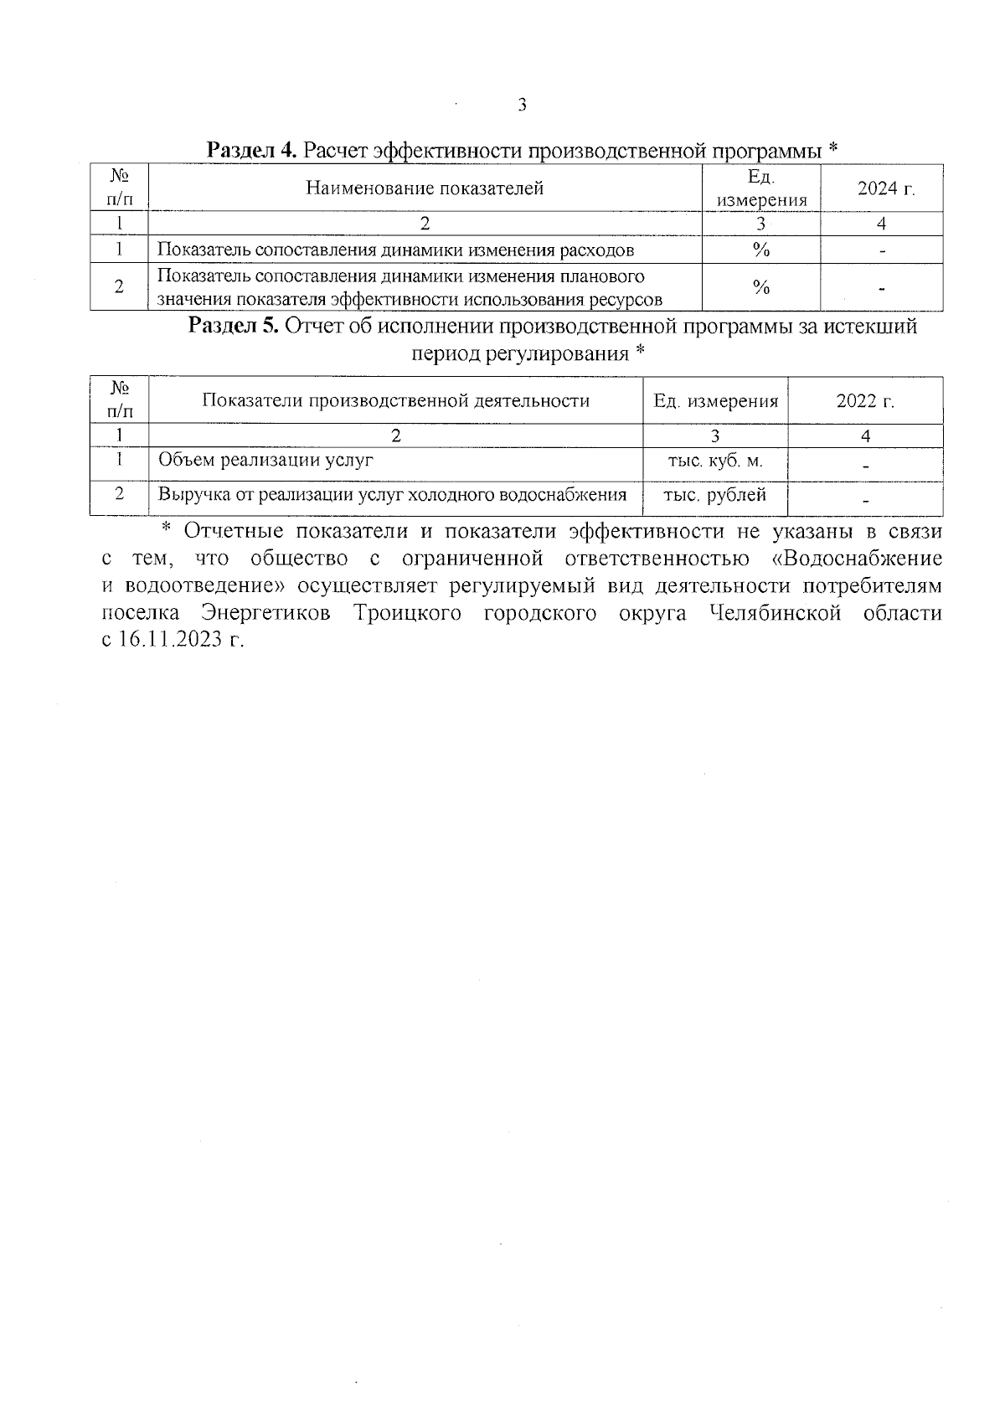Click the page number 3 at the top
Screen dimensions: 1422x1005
point(522,106)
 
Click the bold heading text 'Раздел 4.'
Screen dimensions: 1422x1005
point(251,151)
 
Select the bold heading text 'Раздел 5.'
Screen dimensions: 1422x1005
point(233,326)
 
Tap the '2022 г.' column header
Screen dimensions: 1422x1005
point(865,401)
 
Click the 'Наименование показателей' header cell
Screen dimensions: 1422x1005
point(425,188)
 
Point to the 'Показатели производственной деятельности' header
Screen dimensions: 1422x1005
point(395,401)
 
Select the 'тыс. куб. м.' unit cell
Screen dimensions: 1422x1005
point(714,461)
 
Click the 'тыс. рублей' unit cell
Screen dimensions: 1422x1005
point(714,495)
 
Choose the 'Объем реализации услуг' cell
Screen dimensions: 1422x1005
point(265,460)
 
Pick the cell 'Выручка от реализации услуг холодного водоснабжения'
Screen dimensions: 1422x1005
point(392,495)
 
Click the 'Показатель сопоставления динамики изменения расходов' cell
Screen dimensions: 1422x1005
point(395,250)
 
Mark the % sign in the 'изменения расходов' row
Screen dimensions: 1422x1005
point(760,250)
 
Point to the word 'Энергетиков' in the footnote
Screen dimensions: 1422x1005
point(265,614)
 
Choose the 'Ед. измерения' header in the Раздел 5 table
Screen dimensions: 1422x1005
point(715,401)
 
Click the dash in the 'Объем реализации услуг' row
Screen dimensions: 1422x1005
point(865,466)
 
